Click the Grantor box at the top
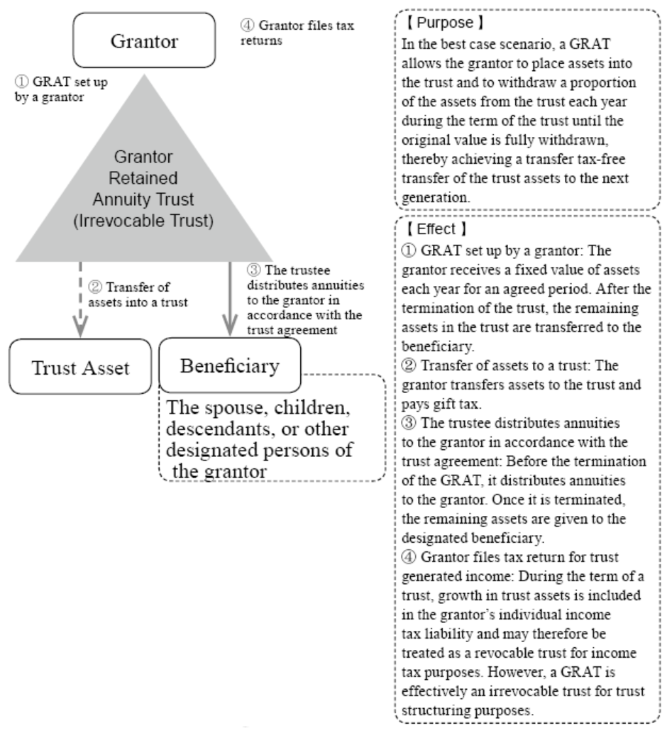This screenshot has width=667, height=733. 144,40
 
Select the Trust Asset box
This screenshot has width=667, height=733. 80,367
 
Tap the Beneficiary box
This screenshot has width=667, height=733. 230,365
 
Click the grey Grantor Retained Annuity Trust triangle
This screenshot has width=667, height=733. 144,187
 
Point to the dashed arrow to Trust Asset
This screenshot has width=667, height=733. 80,299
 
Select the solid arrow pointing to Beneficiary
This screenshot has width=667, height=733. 230,299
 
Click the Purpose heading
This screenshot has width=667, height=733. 444,23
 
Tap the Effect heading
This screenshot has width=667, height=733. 436,229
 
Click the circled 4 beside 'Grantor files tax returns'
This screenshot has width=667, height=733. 247,26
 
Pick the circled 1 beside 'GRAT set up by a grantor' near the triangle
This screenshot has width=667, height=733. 21,82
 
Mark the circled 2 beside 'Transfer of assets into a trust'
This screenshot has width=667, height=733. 95,287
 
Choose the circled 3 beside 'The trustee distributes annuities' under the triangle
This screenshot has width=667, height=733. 253,270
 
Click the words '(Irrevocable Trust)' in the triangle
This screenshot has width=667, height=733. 143,221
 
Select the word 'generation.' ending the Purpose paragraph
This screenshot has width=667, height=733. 436,198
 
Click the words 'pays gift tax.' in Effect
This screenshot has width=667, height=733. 441,404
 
